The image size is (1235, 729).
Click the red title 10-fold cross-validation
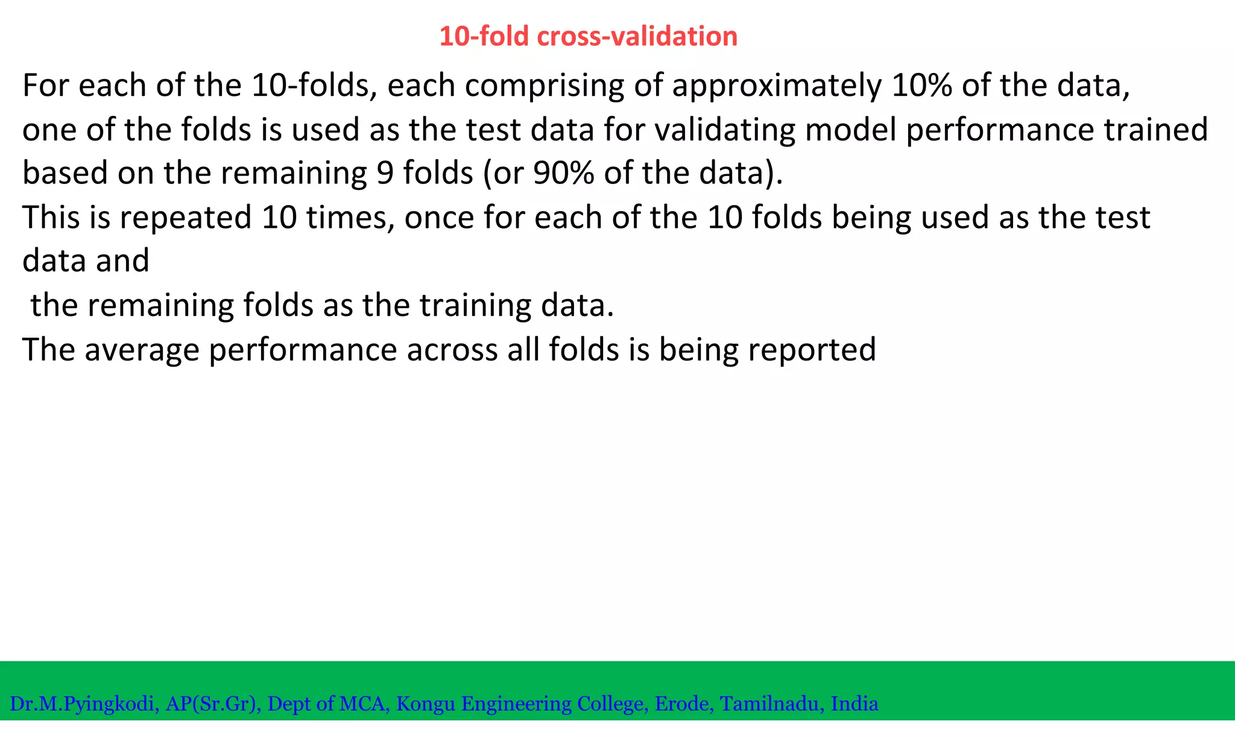point(588,37)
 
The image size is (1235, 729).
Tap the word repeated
point(185,218)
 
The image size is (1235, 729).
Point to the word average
point(142,350)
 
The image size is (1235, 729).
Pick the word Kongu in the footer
point(426,704)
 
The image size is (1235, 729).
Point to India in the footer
point(854,704)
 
